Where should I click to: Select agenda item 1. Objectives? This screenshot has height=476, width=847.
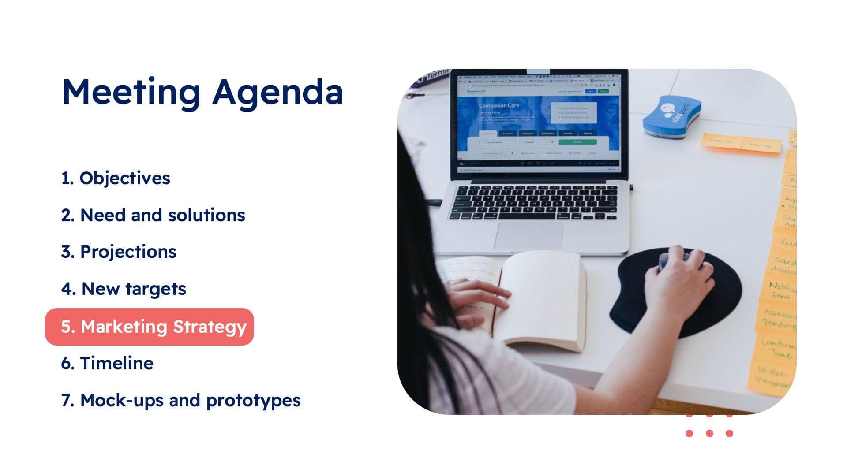tap(116, 178)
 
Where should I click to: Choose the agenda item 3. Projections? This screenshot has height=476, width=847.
tap(119, 252)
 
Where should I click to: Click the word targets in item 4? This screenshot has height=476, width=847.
tap(156, 289)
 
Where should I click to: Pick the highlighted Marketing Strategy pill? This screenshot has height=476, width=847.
tap(150, 327)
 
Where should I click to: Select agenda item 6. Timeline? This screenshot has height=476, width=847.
tap(107, 363)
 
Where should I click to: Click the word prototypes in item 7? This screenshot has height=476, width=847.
tap(253, 400)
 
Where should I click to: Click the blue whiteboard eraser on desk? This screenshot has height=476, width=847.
tap(671, 116)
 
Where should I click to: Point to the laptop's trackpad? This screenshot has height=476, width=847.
tap(528, 236)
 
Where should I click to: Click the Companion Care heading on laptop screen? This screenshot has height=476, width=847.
tap(499, 106)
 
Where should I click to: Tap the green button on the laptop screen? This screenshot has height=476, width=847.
tap(577, 142)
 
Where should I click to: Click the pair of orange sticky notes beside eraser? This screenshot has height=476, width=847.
tap(741, 143)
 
